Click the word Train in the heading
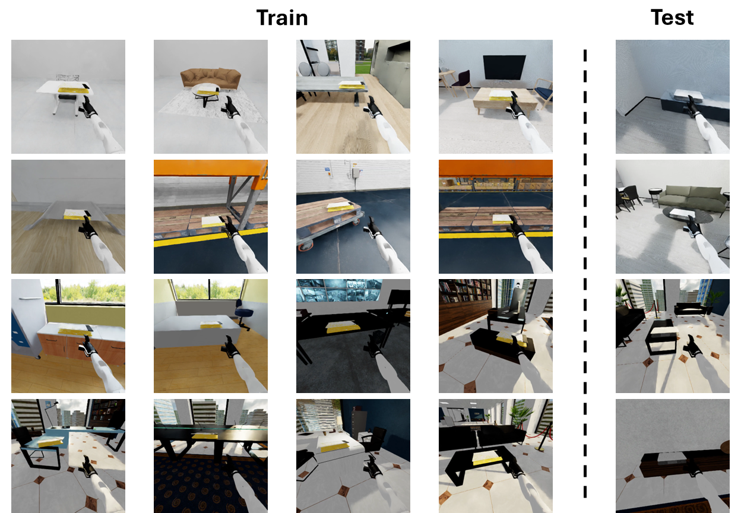[x=282, y=18]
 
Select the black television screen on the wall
[x=504, y=67]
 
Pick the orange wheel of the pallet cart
[x=303, y=248]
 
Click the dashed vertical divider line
[x=585, y=273]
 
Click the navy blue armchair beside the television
[x=544, y=93]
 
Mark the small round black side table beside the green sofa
[x=655, y=195]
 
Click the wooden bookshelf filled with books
[x=465, y=290]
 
